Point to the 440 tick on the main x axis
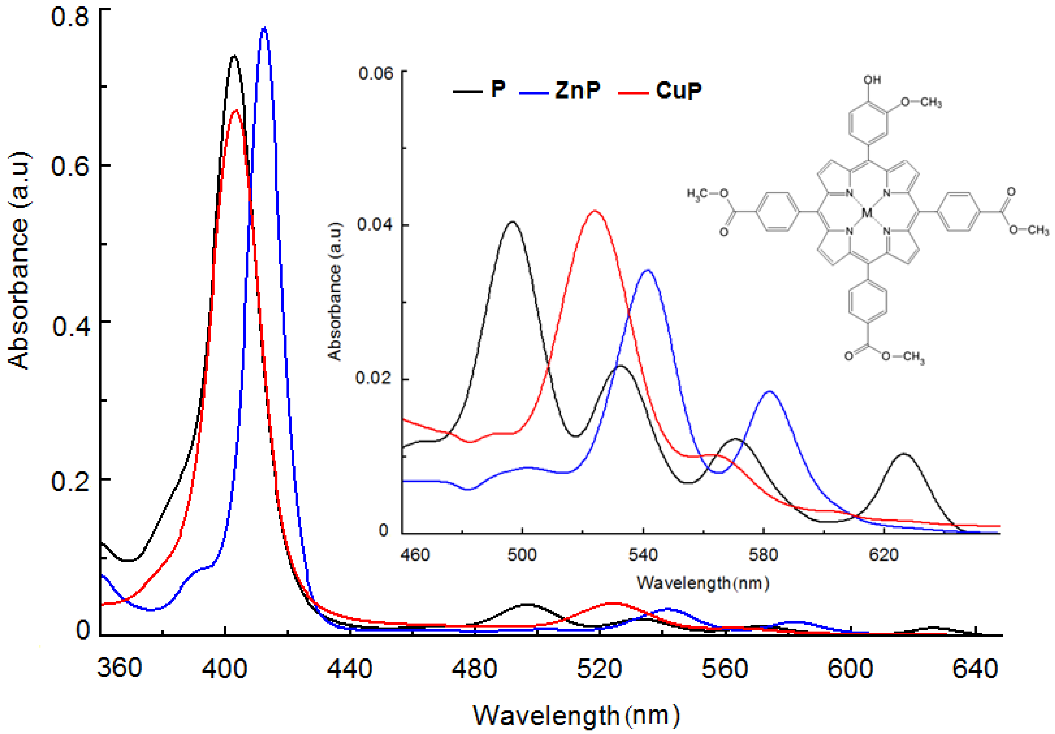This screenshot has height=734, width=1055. click(349, 669)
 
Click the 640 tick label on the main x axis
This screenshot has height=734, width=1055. click(974, 669)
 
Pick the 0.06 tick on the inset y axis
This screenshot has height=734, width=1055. click(376, 73)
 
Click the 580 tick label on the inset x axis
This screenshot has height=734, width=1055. click(763, 555)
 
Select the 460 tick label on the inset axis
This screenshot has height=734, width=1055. click(415, 555)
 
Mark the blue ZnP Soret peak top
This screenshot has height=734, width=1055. click(264, 28)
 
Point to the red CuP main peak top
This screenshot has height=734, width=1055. click(236, 111)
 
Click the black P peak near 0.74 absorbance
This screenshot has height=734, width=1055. click(234, 56)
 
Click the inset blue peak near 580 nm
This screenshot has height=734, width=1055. click(770, 391)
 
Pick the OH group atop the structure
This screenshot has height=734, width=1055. click(872, 79)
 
